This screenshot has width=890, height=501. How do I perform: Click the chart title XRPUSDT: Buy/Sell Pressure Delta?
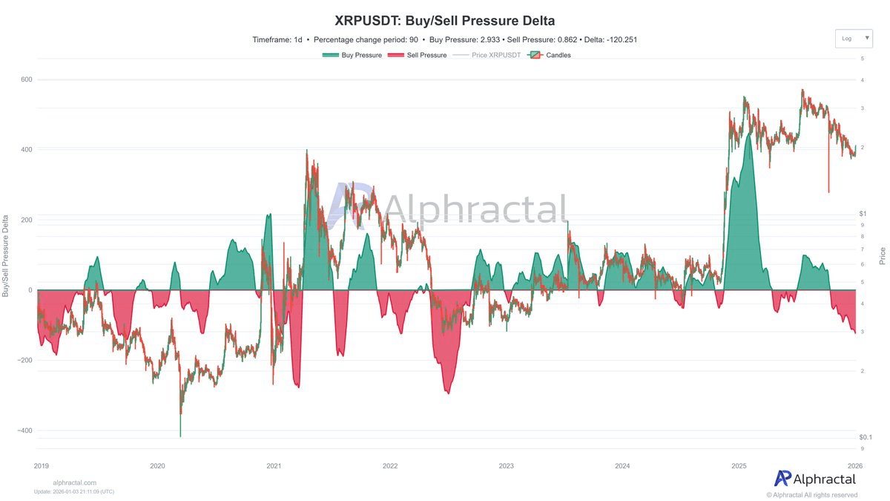[445, 20]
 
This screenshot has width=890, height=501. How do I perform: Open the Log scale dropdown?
[853, 38]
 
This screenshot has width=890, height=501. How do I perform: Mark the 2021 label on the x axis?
[274, 466]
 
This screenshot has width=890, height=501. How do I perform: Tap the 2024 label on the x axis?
[622, 466]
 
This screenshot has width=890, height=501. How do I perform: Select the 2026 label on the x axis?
[855, 466]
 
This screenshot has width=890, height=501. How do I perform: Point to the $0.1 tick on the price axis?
[866, 437]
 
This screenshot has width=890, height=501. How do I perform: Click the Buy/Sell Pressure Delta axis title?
[6, 256]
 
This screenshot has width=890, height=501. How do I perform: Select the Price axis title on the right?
[883, 256]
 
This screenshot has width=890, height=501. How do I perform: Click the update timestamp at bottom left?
[74, 491]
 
